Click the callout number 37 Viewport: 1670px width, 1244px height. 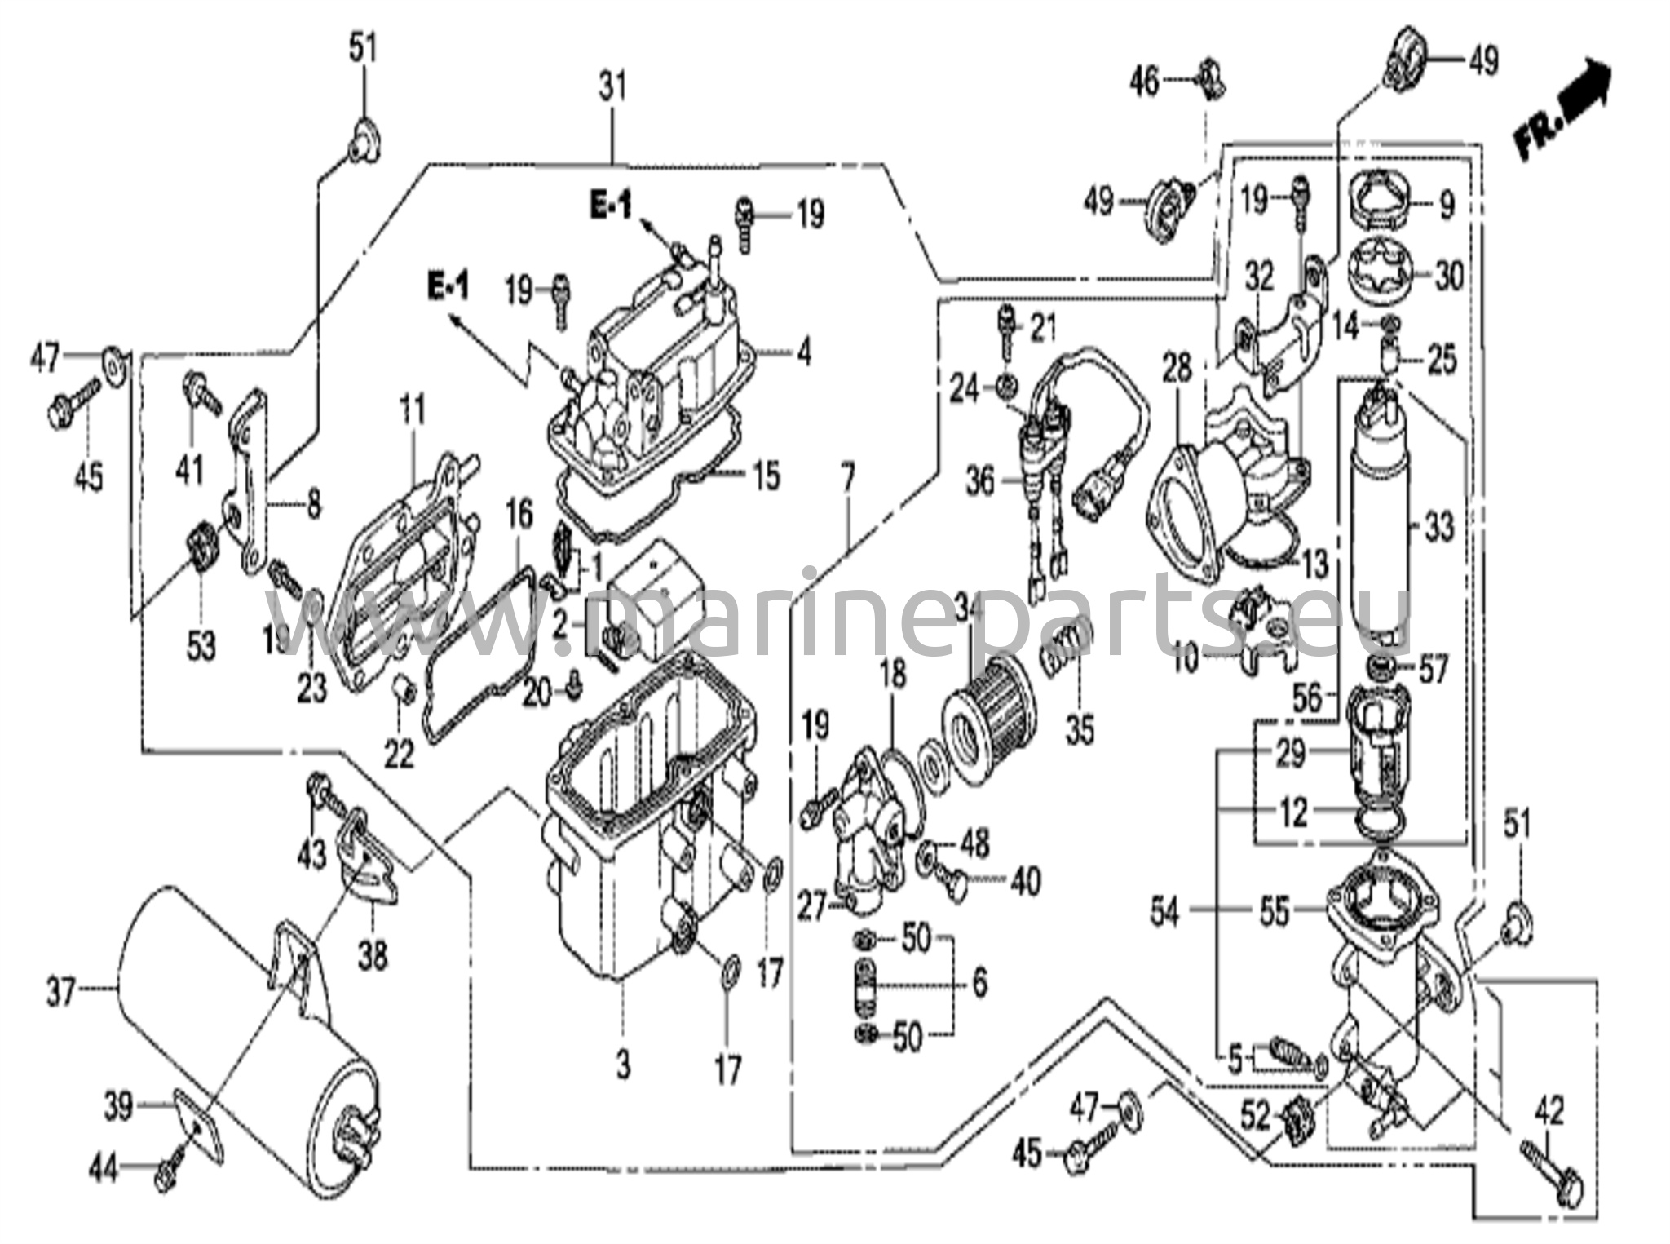(x=61, y=994)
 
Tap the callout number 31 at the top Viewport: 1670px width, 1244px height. (x=612, y=86)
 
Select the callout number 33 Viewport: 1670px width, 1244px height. (x=1440, y=527)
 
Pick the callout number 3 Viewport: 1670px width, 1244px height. (x=623, y=1065)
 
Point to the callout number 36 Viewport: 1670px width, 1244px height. (x=981, y=481)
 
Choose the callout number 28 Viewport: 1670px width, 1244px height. (x=1177, y=369)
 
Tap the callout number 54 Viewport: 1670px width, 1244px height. (x=1164, y=912)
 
